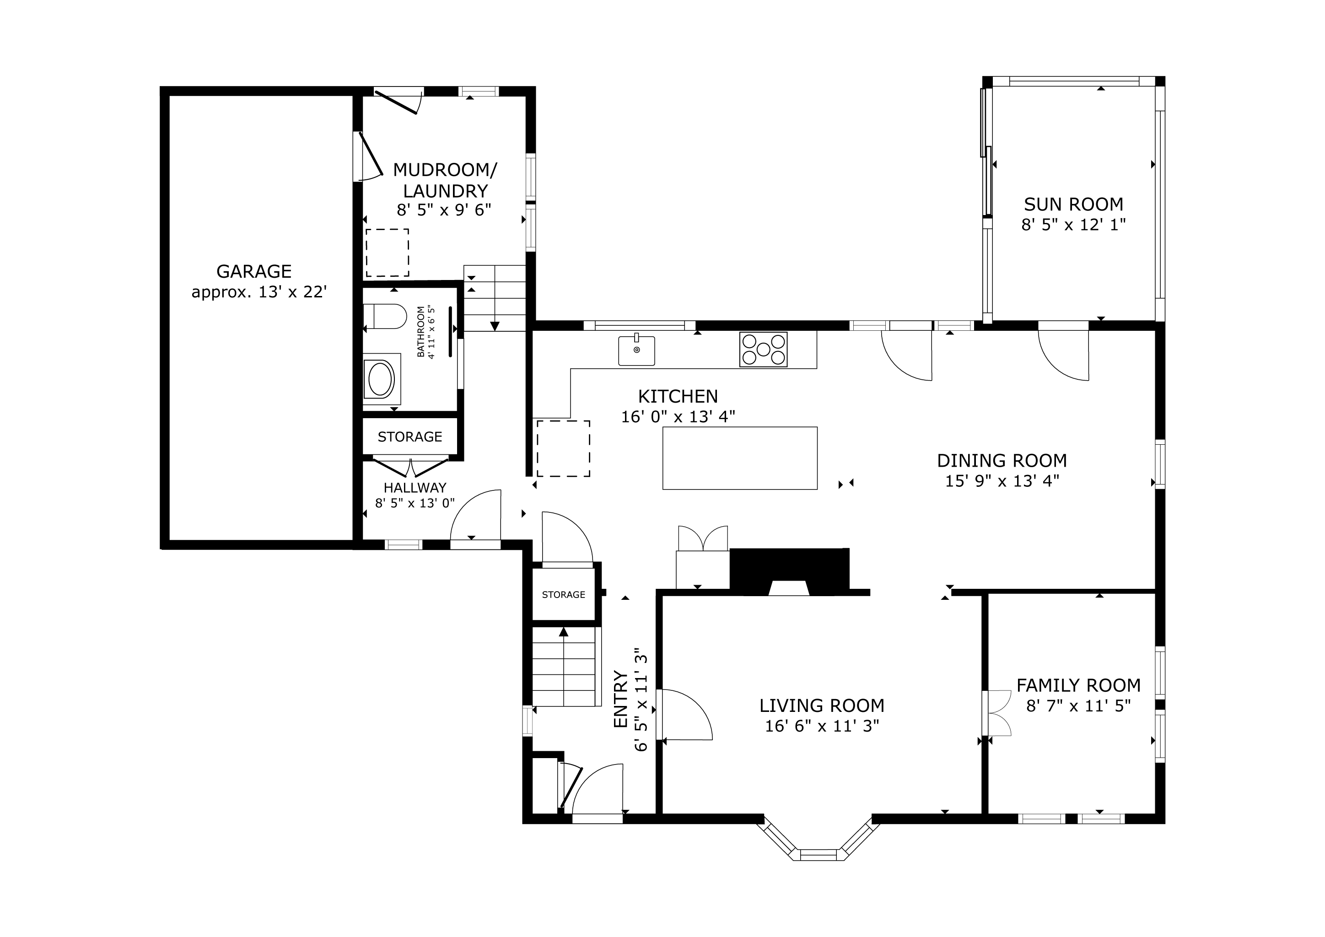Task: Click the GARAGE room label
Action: [254, 271]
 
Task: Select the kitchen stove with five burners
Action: [764, 350]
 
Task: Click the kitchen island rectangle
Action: [740, 458]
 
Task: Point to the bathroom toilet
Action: [385, 316]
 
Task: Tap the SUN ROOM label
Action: [1073, 204]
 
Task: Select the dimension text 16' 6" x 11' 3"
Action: [822, 726]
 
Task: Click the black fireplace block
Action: [789, 571]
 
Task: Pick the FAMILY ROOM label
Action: [1078, 685]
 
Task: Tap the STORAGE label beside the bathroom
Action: [410, 437]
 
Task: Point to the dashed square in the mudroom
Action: [387, 253]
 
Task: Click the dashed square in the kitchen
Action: [563, 448]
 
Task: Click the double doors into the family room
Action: [998, 713]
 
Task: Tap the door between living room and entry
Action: [684, 714]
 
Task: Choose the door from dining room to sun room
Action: [1064, 351]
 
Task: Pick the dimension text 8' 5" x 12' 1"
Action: [1073, 225]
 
